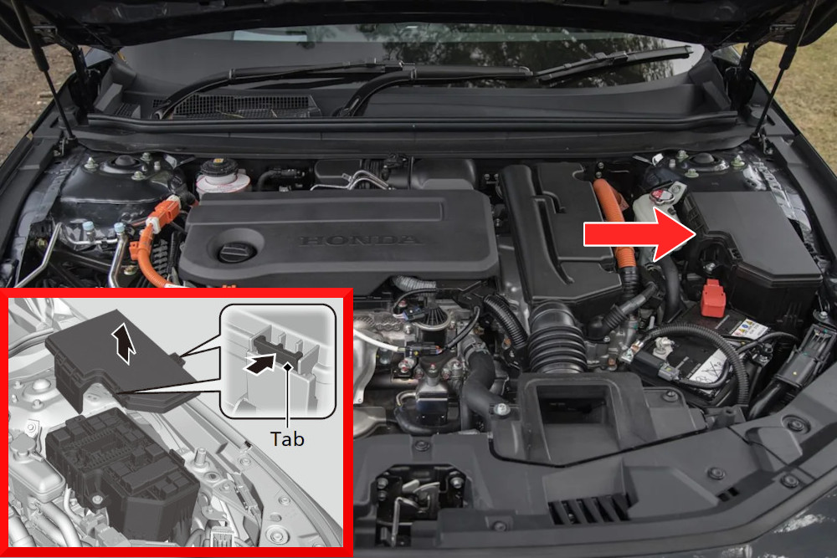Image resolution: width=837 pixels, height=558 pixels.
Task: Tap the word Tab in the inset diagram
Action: click(287, 439)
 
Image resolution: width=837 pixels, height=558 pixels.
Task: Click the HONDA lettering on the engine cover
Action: click(360, 240)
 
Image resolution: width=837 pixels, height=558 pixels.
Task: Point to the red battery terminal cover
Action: click(713, 298)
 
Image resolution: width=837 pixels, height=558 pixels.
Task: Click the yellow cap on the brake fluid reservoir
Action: click(218, 161)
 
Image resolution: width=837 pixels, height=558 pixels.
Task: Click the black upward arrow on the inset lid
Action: click(124, 342)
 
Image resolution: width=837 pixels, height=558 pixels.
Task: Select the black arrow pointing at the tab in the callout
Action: click(259, 364)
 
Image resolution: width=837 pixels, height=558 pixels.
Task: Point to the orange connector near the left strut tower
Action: click(163, 213)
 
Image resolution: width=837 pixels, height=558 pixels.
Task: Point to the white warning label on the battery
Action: click(747, 329)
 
